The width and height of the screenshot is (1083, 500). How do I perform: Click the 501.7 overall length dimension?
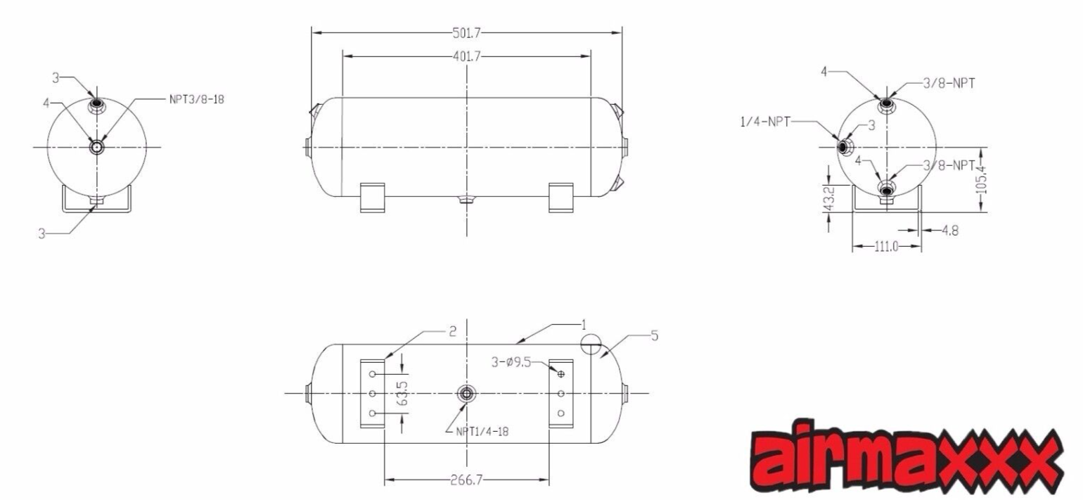[x=466, y=32]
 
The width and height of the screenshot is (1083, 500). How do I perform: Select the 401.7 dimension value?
[x=466, y=56]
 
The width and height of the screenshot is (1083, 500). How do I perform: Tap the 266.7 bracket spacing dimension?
[x=466, y=482]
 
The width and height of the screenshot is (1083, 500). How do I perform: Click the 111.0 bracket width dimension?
[x=885, y=248]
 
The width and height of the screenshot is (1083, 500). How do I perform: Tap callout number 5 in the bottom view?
[x=654, y=336]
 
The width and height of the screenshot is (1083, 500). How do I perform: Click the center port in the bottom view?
[x=466, y=394]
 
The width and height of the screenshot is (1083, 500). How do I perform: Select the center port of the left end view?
[x=96, y=147]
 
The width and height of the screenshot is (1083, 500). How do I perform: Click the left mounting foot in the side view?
[x=372, y=197]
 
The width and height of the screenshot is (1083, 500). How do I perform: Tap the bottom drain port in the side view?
[x=466, y=200]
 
